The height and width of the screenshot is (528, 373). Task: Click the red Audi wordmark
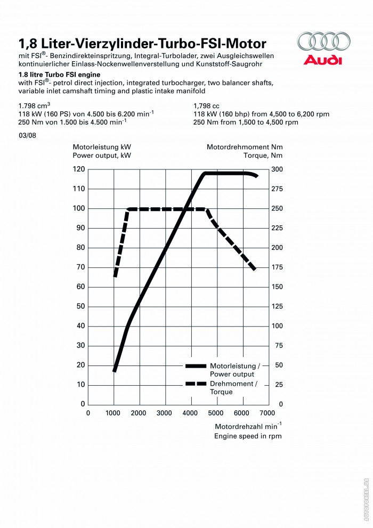click(323, 60)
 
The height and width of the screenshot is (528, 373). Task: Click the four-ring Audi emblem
click(324, 41)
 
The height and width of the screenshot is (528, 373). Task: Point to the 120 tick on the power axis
click(79, 169)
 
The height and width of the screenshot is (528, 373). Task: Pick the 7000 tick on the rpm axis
click(267, 413)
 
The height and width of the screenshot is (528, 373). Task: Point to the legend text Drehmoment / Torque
click(234, 387)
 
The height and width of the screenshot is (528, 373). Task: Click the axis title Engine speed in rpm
click(248, 436)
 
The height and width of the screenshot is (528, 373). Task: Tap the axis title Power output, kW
click(102, 156)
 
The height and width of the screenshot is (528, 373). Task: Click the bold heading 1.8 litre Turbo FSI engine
click(59, 75)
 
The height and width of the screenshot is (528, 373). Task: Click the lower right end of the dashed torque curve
click(255, 270)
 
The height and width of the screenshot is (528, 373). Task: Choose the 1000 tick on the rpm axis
click(112, 413)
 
